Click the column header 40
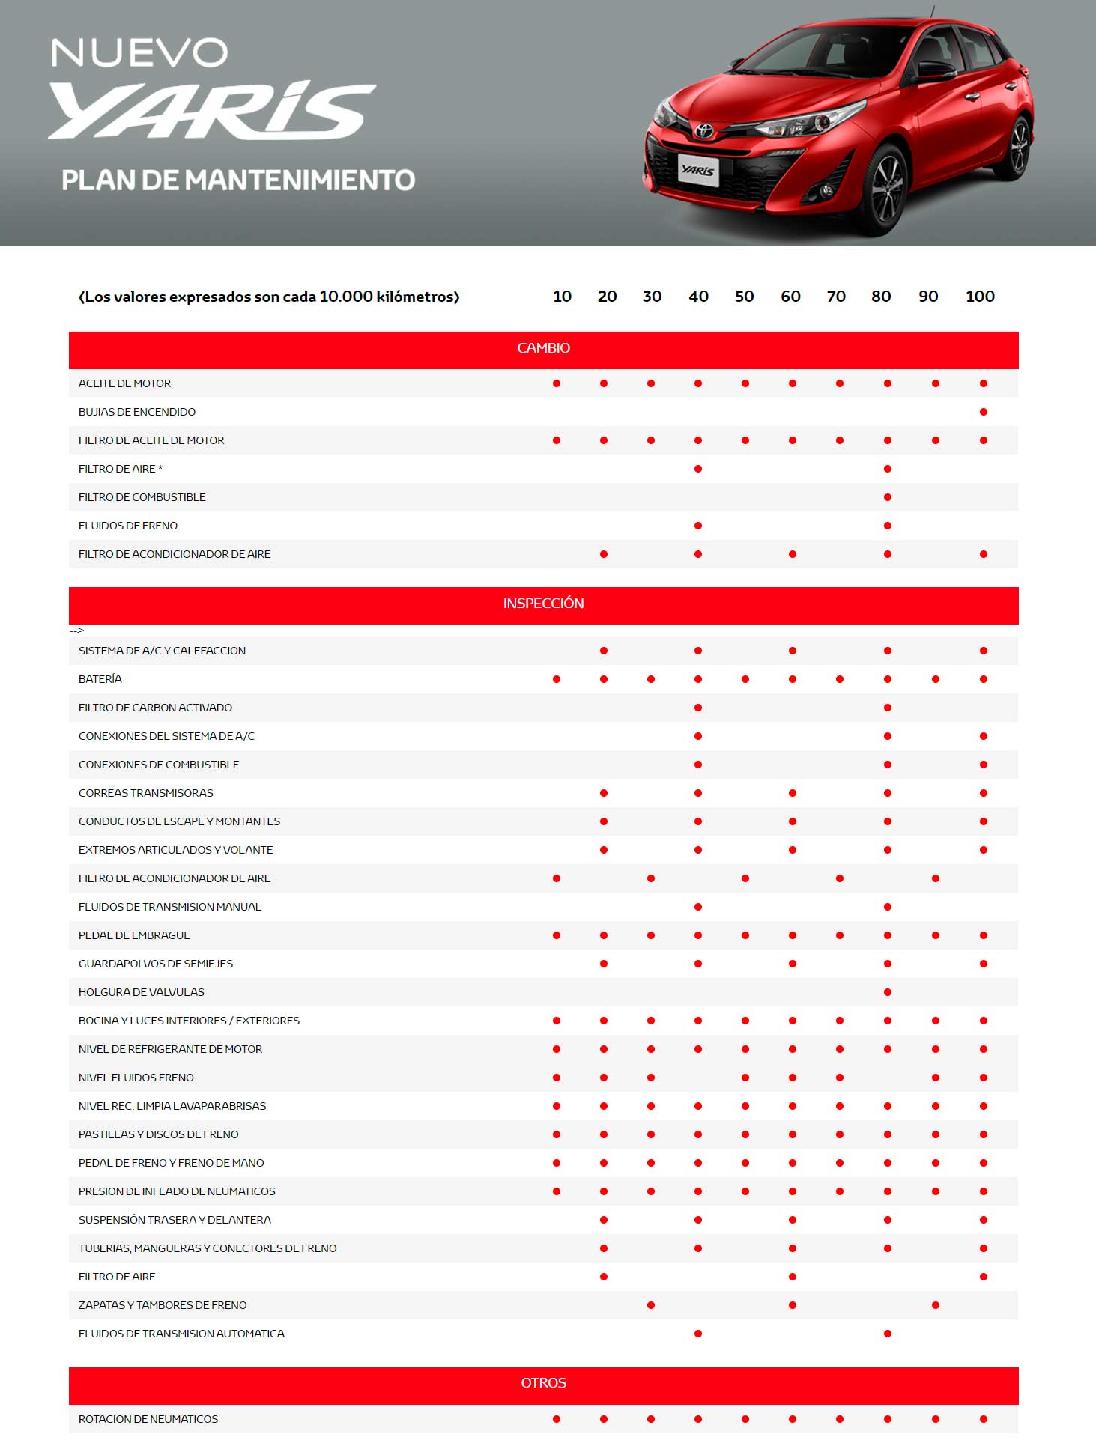tap(698, 297)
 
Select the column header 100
tap(980, 297)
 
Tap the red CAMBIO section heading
tap(543, 348)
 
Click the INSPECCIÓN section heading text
tap(543, 604)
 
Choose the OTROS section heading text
tap(543, 1383)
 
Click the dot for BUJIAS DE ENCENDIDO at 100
tap(984, 412)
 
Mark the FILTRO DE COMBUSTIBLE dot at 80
tap(888, 497)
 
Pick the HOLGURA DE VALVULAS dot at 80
tap(888, 992)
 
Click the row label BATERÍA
tap(100, 679)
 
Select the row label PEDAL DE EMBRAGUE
tap(134, 935)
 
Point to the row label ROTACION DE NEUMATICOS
tap(148, 1419)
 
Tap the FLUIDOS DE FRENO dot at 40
tap(698, 526)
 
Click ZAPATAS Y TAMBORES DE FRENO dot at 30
tap(651, 1305)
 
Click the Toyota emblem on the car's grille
tap(704, 131)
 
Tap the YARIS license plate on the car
tap(698, 170)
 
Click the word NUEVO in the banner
tap(139, 53)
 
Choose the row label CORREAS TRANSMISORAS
tap(145, 793)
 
